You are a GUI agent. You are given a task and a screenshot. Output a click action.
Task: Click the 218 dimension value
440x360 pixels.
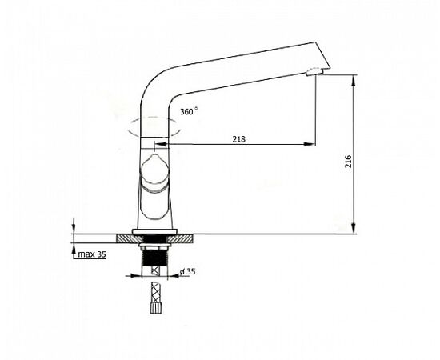pyautogui.click(x=239, y=139)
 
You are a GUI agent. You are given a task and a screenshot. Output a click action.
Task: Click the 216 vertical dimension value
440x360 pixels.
pyautogui.click(x=348, y=162)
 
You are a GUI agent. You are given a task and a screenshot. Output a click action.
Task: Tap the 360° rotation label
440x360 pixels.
pyautogui.click(x=189, y=111)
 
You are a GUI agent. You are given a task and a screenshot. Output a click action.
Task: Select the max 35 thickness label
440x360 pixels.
pyautogui.click(x=92, y=254)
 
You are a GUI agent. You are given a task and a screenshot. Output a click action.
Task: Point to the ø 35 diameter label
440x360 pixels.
pyautogui.click(x=188, y=271)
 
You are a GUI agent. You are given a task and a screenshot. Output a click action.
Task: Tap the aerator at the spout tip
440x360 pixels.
pyautogui.click(x=314, y=72)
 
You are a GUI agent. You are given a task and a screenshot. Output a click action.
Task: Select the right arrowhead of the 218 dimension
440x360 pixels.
pyautogui.click(x=310, y=144)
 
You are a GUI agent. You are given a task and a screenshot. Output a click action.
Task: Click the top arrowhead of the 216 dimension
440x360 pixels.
pyautogui.click(x=354, y=80)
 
